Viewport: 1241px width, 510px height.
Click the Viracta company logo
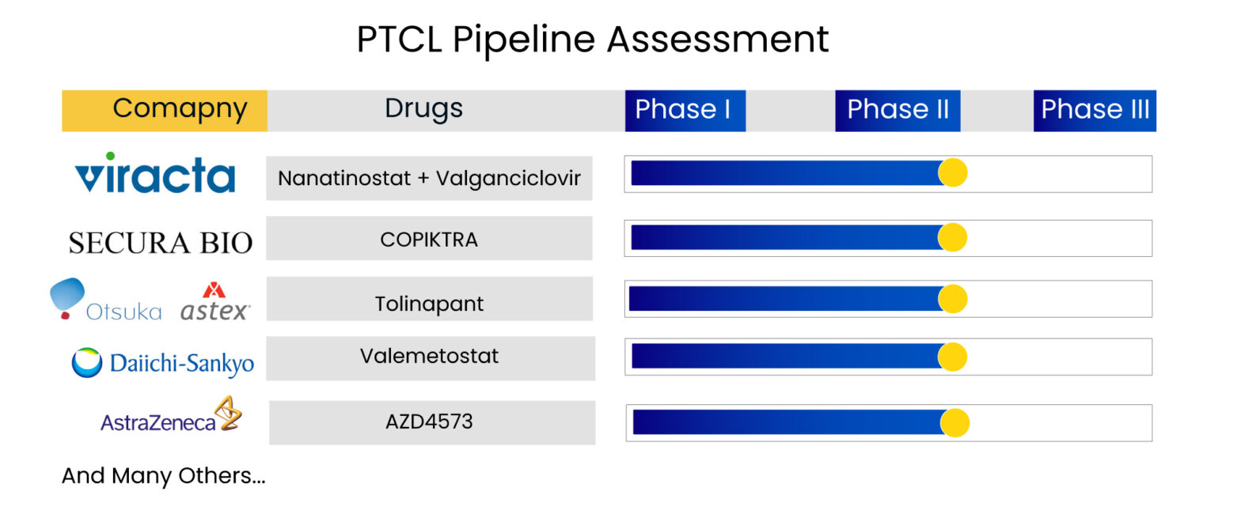coord(155,173)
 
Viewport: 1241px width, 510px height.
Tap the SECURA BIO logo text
coord(160,243)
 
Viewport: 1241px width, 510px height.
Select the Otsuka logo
coord(105,300)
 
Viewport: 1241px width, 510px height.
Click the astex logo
coord(214,303)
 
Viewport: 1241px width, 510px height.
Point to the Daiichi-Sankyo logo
coord(163,363)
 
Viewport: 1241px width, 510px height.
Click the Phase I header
coord(685,110)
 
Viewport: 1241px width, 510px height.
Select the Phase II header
coord(898,110)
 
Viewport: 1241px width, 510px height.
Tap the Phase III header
coord(1095,110)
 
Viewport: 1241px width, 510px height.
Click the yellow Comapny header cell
coord(165,110)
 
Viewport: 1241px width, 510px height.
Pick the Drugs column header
coord(423,109)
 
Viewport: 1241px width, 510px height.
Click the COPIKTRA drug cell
coord(429,239)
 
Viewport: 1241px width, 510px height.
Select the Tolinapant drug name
coord(429,304)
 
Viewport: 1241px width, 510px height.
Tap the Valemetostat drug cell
coord(430,356)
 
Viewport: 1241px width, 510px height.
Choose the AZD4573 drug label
coord(430,421)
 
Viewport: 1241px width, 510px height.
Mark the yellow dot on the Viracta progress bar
coord(953,172)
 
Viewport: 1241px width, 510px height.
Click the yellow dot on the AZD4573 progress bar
coord(955,423)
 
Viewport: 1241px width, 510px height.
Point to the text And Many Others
coord(163,476)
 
